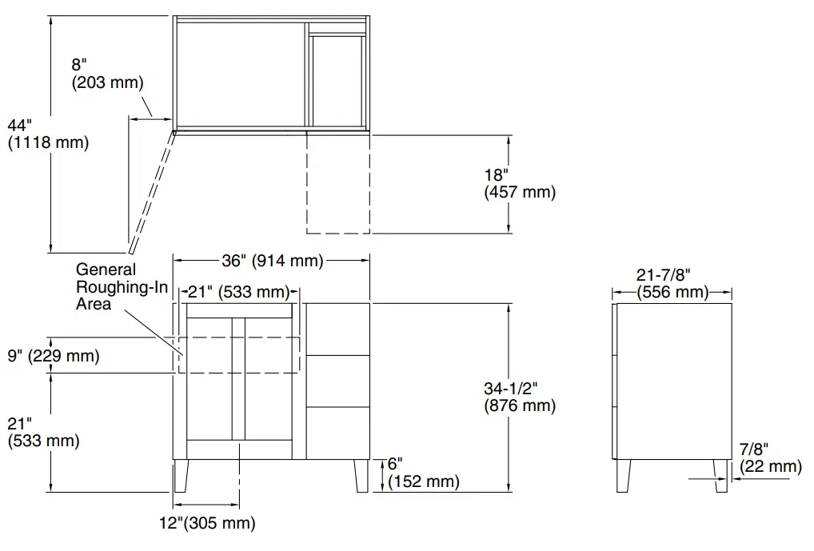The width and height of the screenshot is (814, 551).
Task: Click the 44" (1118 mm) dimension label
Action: point(47,134)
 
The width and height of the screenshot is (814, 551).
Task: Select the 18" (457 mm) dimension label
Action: point(519,183)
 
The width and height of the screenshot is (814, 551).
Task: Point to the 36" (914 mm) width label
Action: point(272,260)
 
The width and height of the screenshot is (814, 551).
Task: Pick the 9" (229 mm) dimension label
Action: point(54,356)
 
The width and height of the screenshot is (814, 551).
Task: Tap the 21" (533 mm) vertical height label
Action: point(43,431)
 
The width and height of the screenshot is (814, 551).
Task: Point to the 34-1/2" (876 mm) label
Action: point(519,396)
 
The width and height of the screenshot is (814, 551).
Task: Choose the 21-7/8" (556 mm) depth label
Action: point(672,283)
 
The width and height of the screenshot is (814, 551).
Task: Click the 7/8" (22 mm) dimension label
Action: point(770,457)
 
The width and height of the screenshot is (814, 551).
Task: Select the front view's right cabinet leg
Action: point(361,476)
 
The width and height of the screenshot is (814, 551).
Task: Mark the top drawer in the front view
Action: point(337,329)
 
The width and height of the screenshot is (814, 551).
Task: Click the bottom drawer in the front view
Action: point(337,433)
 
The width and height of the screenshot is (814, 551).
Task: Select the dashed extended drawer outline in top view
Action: point(338,184)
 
